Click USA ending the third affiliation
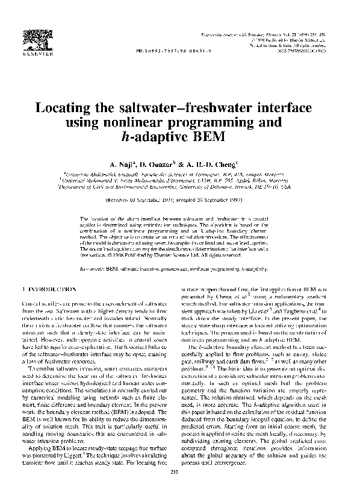[x=279, y=187]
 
